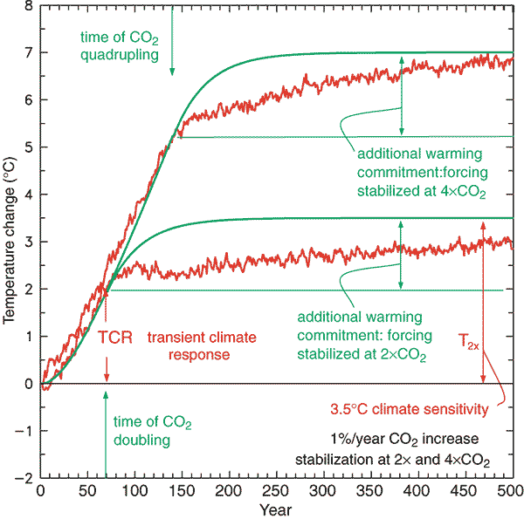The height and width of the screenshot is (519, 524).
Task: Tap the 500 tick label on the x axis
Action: (511, 490)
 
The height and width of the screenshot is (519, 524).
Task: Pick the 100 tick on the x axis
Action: (134, 478)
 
